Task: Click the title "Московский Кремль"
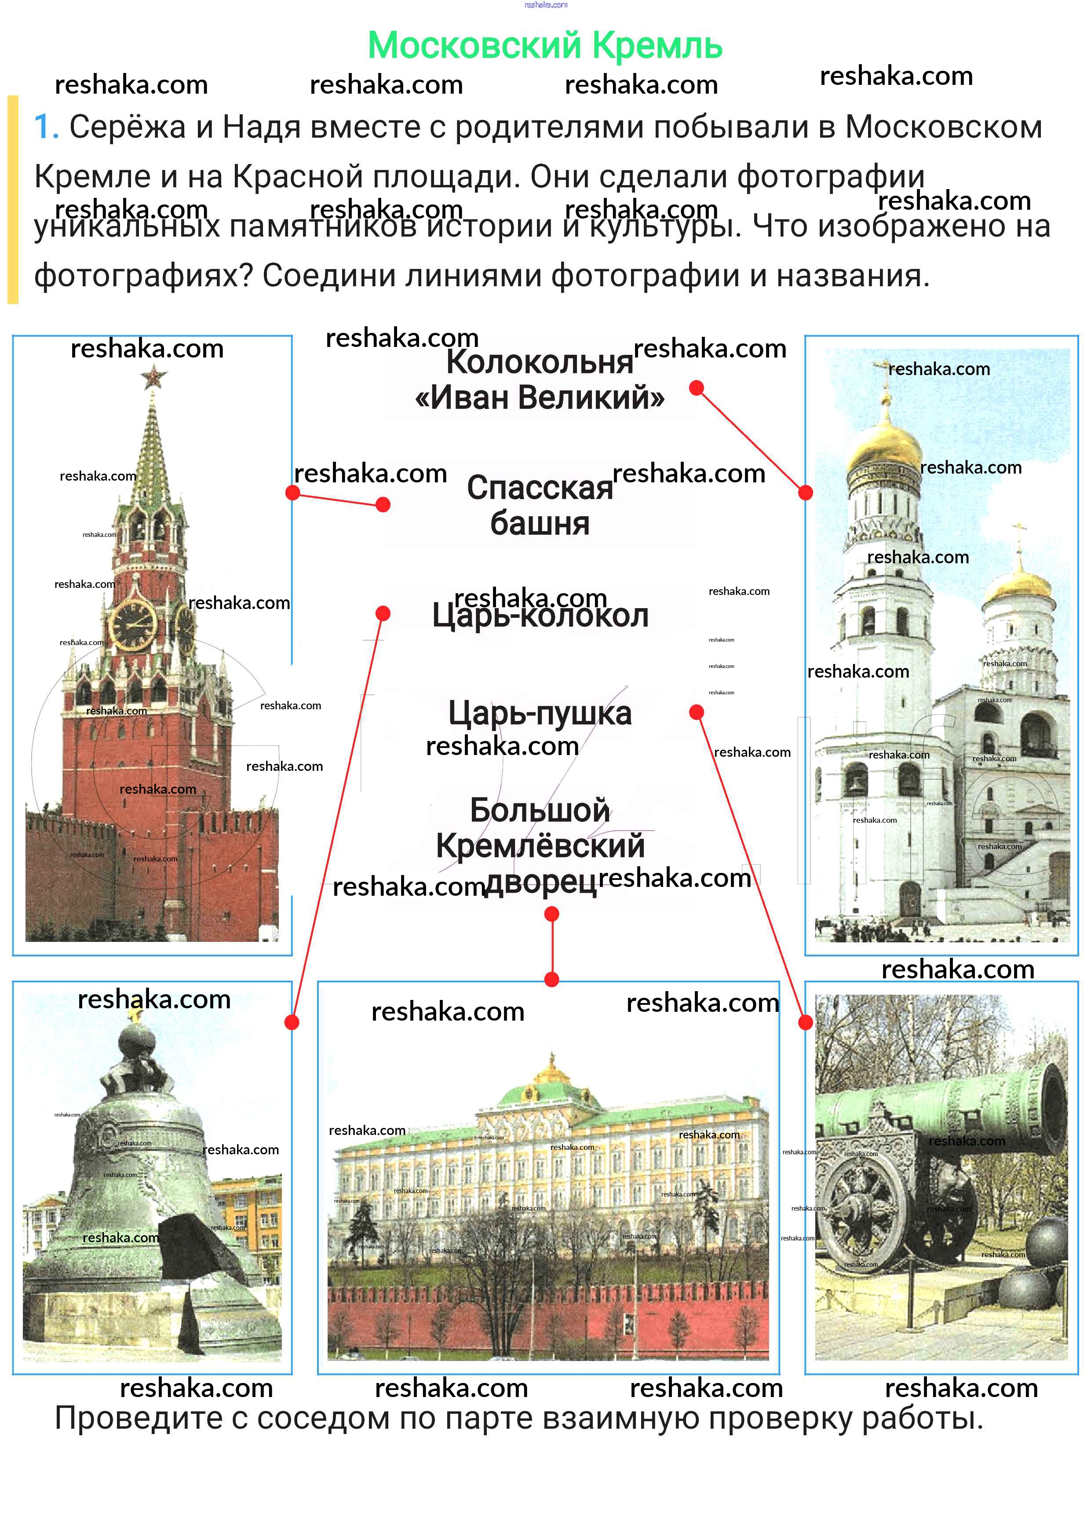[545, 45]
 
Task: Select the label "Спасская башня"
[540, 505]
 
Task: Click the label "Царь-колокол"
[540, 615]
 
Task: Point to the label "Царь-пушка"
[540, 713]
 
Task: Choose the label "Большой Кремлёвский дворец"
[540, 846]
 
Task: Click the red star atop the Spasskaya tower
[153, 379]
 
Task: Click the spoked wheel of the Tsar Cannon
[861, 1208]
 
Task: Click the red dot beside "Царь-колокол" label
[383, 613]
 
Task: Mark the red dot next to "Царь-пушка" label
[697, 712]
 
